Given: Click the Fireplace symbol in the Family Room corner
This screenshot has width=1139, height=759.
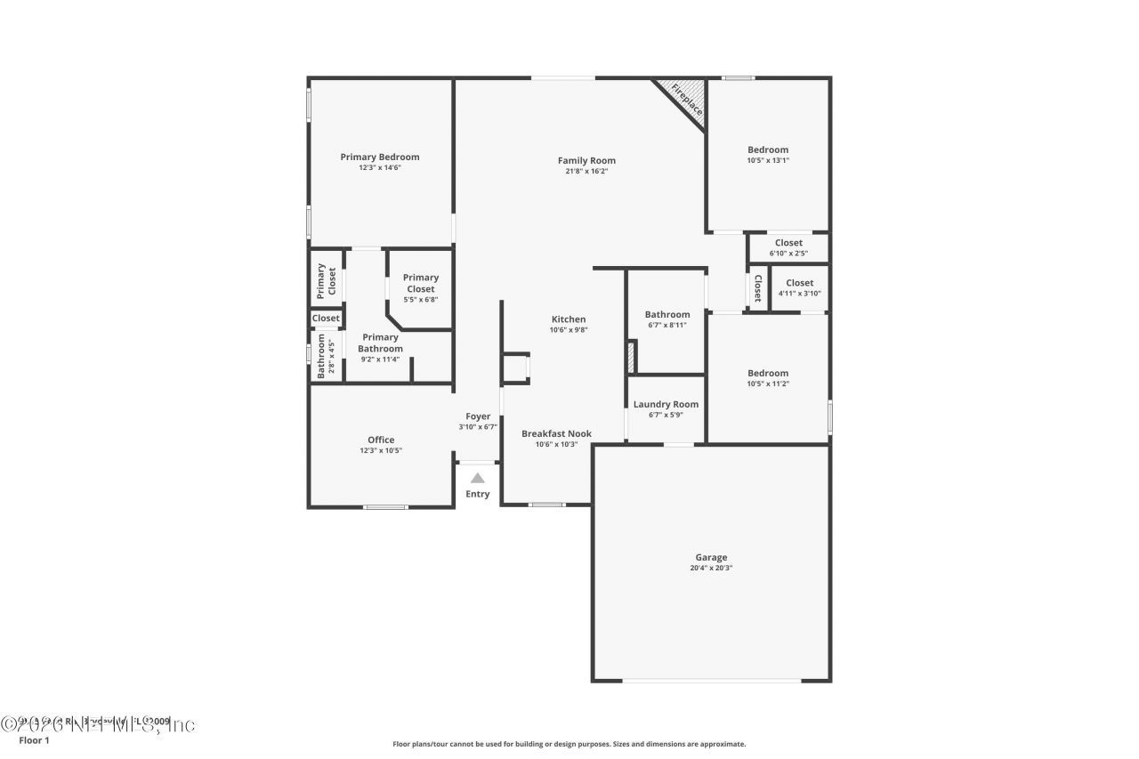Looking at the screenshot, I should tap(686, 100).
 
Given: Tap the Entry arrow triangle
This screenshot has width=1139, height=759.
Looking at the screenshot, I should tap(478, 478).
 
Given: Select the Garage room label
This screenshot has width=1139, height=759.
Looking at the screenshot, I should tap(711, 558).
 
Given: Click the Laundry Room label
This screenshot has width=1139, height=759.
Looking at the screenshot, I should tap(666, 404).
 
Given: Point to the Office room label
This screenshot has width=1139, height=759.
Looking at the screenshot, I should tap(381, 440).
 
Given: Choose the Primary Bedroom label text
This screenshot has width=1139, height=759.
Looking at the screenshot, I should tap(380, 157).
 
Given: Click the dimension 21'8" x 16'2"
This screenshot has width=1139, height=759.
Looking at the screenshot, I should tap(586, 172).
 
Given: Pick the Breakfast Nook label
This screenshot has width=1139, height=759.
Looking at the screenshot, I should tap(556, 433).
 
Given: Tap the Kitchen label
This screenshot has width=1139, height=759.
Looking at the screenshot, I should tap(569, 319).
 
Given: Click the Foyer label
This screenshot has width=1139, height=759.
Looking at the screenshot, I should tap(478, 416).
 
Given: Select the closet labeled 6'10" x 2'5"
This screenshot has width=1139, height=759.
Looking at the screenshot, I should tap(788, 247).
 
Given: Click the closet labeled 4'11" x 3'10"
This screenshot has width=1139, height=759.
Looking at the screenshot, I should tap(799, 287).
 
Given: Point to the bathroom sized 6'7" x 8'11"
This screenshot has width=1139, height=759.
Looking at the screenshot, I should tap(666, 319).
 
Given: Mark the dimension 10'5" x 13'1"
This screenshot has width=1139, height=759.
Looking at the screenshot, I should tap(768, 161).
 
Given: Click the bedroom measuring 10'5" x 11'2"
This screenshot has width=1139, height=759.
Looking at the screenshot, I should tap(768, 378).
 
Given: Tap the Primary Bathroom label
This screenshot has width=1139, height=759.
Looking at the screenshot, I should tap(380, 343).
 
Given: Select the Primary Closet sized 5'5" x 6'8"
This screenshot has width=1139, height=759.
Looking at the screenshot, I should tap(420, 287).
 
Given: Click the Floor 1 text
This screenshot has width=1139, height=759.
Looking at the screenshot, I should tap(34, 740).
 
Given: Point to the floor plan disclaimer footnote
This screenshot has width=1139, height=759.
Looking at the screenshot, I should tap(569, 744).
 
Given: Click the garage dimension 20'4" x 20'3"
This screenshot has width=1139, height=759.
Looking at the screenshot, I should tap(711, 569).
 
